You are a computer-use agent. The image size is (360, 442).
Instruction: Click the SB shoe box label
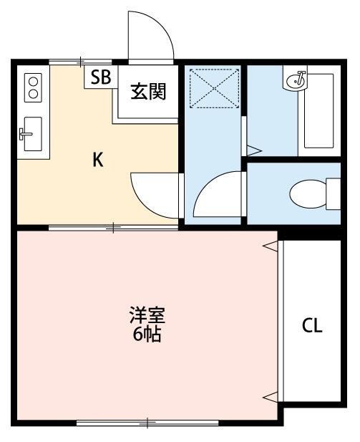(x=100, y=77)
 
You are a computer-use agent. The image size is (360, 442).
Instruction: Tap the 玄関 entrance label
(x=148, y=92)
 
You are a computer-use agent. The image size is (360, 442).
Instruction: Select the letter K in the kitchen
(x=98, y=160)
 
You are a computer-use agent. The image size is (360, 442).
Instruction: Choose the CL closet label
(x=311, y=326)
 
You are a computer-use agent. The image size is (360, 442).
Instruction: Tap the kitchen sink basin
(x=31, y=133)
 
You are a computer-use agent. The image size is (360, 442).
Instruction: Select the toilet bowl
(x=309, y=192)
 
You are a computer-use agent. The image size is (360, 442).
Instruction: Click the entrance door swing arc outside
(x=150, y=36)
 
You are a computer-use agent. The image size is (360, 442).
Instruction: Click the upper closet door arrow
(x=269, y=247)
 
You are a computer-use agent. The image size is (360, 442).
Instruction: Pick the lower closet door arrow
(x=269, y=396)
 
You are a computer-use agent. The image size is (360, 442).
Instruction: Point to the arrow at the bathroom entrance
(x=253, y=150)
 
